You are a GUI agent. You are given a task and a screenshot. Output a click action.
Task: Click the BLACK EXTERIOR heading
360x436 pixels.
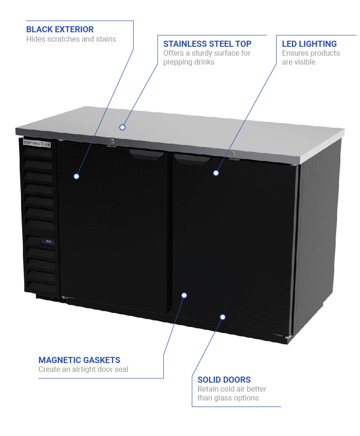60,29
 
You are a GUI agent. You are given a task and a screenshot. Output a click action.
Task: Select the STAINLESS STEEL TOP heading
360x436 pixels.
207,44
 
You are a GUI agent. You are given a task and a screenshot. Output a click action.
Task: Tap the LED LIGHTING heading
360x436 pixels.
309,44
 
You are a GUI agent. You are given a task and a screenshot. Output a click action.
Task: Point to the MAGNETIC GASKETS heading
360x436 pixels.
79,360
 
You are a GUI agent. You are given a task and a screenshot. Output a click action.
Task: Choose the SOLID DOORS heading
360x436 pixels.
224,380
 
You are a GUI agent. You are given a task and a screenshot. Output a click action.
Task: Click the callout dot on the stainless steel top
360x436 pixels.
122,127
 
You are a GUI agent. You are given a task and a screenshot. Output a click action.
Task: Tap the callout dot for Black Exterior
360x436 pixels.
76,176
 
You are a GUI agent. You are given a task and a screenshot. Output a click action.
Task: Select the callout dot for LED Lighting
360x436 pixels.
216,173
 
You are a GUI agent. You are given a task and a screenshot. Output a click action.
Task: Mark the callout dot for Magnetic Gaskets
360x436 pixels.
184,295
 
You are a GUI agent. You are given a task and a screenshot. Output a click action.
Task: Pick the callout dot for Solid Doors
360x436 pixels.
223,317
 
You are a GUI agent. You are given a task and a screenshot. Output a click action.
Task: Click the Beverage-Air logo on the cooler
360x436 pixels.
37,143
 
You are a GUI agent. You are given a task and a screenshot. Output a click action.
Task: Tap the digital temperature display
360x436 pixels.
48,242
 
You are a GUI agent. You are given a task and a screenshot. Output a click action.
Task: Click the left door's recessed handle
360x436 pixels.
147,154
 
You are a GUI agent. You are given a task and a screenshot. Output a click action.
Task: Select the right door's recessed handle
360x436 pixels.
192,159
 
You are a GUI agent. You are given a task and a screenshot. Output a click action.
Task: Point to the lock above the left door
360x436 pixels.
112,142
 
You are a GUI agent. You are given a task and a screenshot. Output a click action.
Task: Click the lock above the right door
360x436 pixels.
233,155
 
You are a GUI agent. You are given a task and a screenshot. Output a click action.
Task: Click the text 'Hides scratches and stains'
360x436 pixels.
71,39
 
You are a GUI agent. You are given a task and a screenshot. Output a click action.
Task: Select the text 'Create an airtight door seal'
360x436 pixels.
83,370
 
